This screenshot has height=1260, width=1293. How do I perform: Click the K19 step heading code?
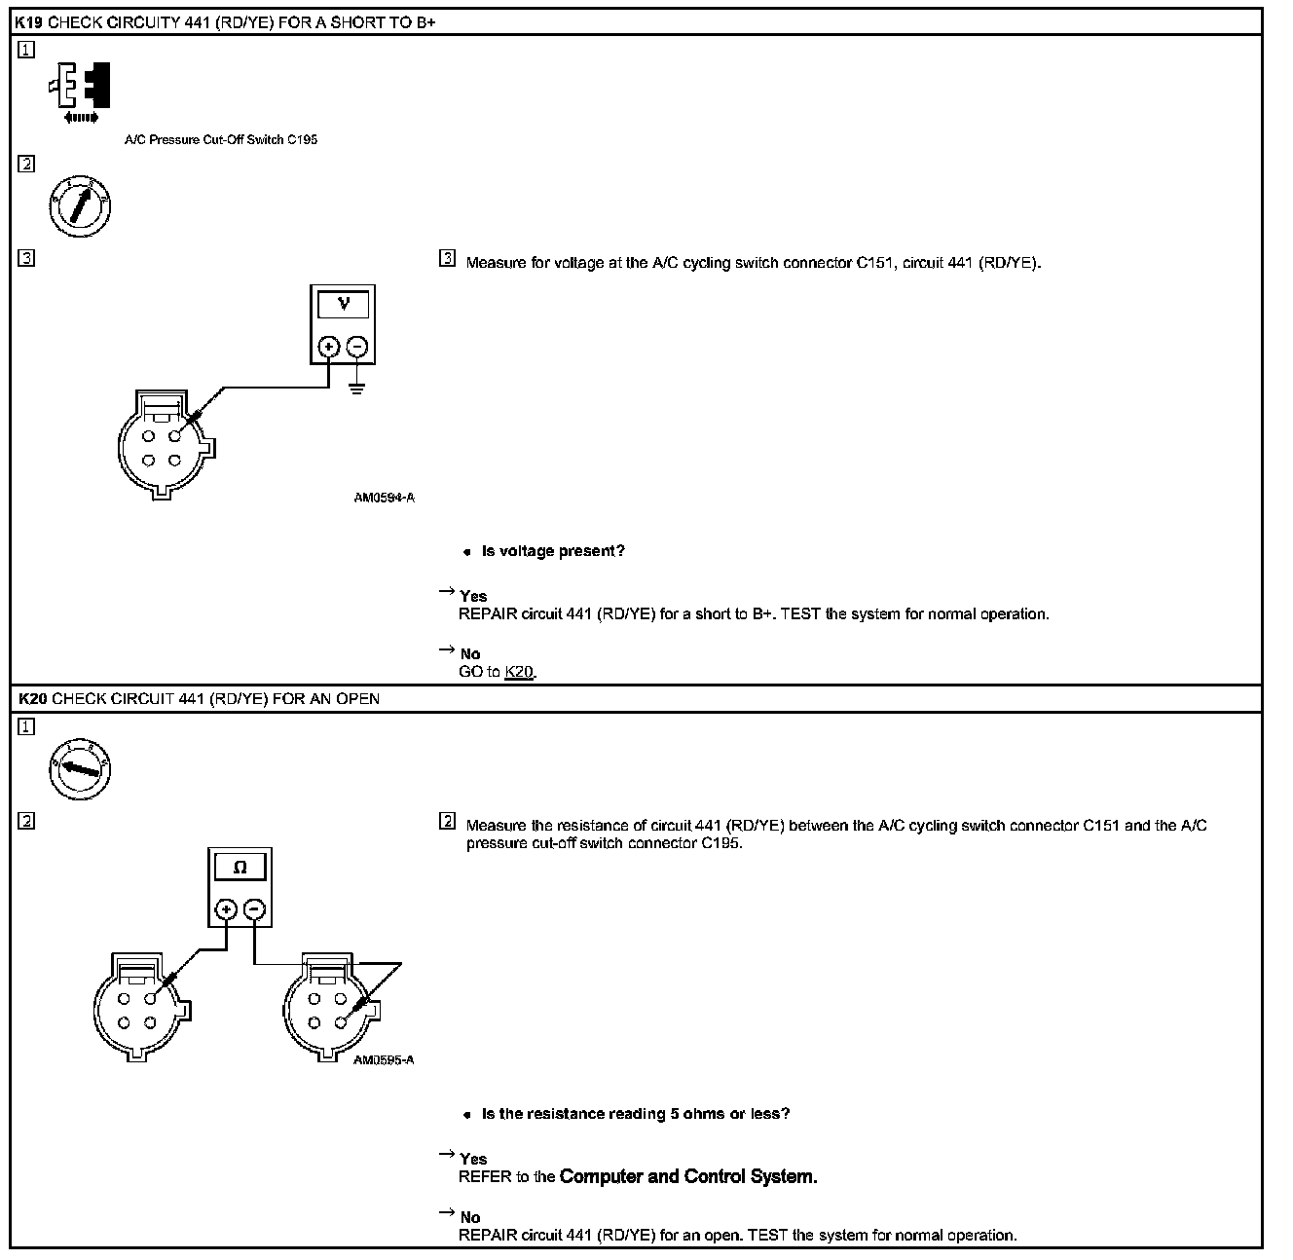[x=29, y=21]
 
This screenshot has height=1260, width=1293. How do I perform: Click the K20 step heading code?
[x=31, y=699]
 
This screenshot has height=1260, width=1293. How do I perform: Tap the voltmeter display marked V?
[x=343, y=305]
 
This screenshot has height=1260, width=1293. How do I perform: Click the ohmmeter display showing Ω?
[x=240, y=868]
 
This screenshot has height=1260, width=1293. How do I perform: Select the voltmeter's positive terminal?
[x=328, y=347]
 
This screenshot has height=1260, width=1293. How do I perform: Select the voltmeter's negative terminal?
[x=357, y=347]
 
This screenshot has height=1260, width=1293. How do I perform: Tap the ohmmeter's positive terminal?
[x=226, y=909]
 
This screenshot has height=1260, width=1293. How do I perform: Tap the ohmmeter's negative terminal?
[x=254, y=909]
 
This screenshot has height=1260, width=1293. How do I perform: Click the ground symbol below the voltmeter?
[x=357, y=390]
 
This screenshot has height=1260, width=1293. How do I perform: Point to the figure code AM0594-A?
[x=384, y=498]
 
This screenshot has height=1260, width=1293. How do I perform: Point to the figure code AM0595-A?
[x=384, y=1060]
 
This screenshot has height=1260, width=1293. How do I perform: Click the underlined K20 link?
[x=519, y=672]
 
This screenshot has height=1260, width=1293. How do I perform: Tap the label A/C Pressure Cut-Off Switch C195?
[x=221, y=139]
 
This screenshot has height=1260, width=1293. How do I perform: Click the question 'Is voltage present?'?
[x=553, y=551]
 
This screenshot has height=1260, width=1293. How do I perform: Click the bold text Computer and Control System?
[x=688, y=1176]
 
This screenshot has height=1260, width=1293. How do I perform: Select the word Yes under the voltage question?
[x=473, y=596]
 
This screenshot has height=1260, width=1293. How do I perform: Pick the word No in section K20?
[x=470, y=1217]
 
